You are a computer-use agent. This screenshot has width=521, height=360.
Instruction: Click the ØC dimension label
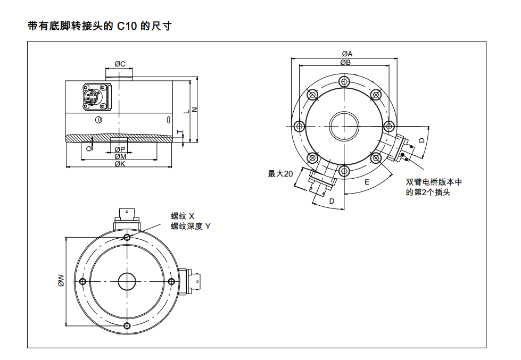[x=120, y=64]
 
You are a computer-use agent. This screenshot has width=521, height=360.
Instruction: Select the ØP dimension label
[x=120, y=150]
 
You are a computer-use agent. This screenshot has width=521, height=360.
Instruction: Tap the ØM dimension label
[x=120, y=157]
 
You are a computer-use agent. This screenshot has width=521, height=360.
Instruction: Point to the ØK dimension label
[x=120, y=164]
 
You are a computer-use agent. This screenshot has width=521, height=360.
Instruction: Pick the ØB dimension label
[x=345, y=62]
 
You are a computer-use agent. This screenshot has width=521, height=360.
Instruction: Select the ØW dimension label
[x=61, y=280]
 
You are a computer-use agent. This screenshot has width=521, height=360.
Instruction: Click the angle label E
[x=367, y=182]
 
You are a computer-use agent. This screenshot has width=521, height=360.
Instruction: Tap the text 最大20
[x=280, y=174]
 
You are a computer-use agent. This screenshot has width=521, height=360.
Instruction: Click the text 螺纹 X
[x=183, y=216]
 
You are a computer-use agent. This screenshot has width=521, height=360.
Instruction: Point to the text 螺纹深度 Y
[x=191, y=227]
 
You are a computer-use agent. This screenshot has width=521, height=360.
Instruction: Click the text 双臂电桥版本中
[x=434, y=182]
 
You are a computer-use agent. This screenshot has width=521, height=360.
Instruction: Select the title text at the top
[x=99, y=26]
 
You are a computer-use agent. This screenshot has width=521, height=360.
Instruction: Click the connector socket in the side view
[x=92, y=97]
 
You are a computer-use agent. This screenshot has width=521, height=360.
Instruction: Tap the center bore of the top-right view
[x=344, y=126]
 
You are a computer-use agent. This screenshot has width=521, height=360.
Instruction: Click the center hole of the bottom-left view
[x=127, y=281]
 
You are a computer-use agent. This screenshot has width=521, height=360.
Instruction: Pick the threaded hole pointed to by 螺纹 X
[x=127, y=237]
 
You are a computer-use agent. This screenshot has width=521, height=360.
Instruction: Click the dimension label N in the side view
[x=195, y=109]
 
